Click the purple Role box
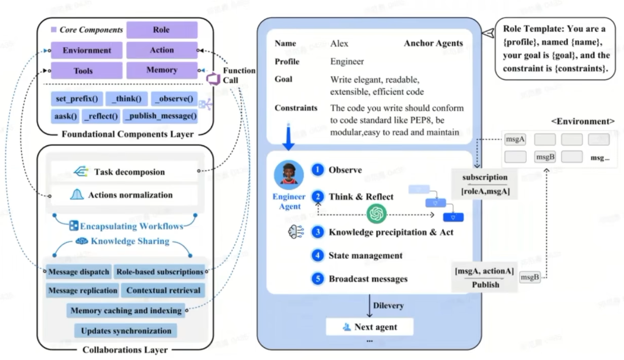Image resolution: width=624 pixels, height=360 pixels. click(161, 30)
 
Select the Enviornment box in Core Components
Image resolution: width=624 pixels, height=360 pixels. click(87, 50)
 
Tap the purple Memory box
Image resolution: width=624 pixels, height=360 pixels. click(161, 70)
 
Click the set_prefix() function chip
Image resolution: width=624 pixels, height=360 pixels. click(77, 98)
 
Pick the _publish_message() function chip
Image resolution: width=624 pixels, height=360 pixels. click(160, 116)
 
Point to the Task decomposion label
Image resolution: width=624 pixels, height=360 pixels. click(129, 172)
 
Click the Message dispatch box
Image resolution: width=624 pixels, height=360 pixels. click(78, 272)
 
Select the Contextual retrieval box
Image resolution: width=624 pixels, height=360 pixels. click(163, 291)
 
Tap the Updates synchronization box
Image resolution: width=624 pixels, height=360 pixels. click(126, 330)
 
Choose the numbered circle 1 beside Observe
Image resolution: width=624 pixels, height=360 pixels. click(318, 170)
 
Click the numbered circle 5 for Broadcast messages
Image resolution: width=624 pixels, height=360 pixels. click(318, 279)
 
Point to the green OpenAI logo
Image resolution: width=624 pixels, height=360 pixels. click(377, 214)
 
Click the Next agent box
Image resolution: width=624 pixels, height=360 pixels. click(369, 327)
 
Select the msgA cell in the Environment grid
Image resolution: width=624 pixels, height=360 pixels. click(515, 140)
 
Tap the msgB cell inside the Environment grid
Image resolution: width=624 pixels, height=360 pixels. click(545, 157)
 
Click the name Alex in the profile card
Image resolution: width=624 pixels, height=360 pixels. click(340, 43)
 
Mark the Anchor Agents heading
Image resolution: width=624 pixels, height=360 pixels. click(433, 43)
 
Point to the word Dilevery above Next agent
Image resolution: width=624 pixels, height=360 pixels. click(388, 306)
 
